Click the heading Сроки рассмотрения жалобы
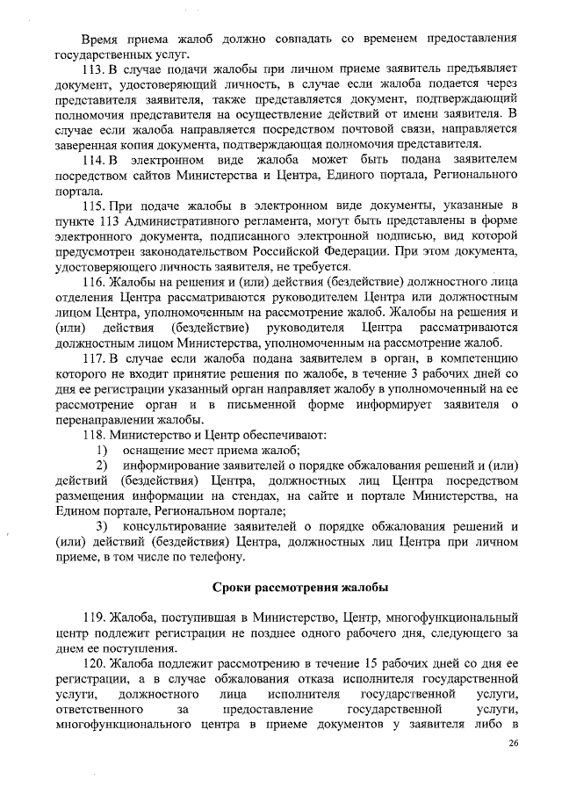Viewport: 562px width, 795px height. pyautogui.click(x=301, y=587)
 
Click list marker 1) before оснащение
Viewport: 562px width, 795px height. pyautogui.click(x=102, y=450)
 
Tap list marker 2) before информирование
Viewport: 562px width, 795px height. pyautogui.click(x=102, y=466)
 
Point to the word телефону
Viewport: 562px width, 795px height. pyautogui.click(x=211, y=557)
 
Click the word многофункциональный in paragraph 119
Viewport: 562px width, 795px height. pyautogui.click(x=459, y=618)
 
